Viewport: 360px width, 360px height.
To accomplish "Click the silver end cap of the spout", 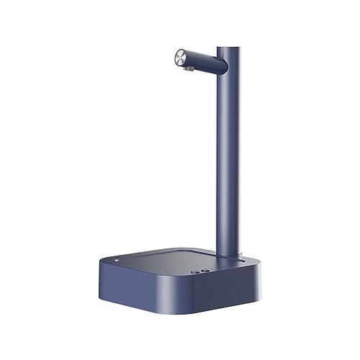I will (x=181, y=56).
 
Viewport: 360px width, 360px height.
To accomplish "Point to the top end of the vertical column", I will (x=229, y=49).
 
